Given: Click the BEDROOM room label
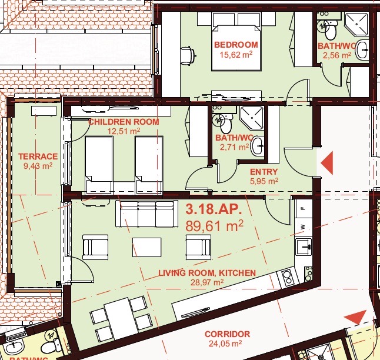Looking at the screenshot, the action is click(236, 45).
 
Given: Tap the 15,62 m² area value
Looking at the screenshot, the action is click(236, 55).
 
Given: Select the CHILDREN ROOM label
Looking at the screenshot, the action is click(124, 122).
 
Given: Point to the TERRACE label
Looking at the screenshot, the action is click(38, 156).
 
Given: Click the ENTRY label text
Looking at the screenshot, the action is click(264, 172).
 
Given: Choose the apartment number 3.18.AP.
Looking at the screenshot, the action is click(214, 209).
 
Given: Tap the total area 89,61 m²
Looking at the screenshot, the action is click(214, 226).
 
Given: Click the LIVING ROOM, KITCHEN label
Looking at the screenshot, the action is click(207, 273).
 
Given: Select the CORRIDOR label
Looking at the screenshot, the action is click(227, 334).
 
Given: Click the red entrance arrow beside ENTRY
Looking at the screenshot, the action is click(327, 163).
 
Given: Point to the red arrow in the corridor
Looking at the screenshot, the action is click(356, 316).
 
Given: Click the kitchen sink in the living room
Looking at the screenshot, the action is click(304, 246).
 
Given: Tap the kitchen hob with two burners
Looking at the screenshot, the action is click(288, 278).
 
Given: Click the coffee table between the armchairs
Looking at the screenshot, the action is click(146, 247).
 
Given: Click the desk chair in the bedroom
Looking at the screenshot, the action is click(188, 56).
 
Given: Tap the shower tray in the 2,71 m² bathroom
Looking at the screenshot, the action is click(252, 118).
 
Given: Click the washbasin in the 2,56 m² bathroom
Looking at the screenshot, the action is click(362, 50).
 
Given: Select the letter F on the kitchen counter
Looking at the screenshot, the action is click(302, 208).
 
